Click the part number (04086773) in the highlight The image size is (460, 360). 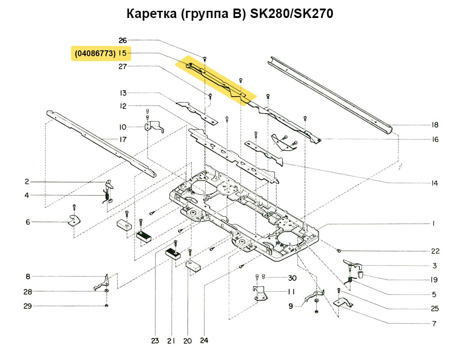coord(95,53)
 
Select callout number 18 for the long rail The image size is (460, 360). coord(435,125)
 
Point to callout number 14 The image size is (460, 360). coord(435,183)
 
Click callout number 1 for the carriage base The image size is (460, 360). coord(434,223)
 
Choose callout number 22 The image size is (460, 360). coord(435,251)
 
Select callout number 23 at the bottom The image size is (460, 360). coord(155,341)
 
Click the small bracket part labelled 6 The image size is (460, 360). coord(73,221)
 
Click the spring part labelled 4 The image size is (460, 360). coord(106,196)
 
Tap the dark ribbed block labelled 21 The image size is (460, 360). coord(172,254)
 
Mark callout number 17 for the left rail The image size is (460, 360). coord(123,139)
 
